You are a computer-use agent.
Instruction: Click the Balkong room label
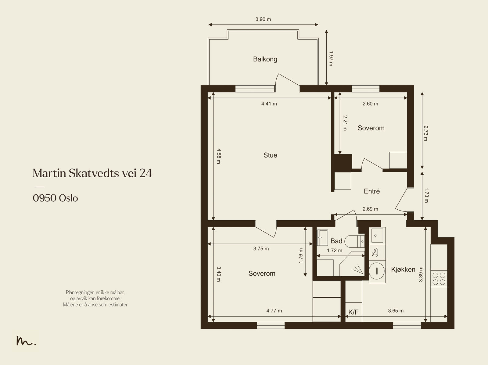(265, 59)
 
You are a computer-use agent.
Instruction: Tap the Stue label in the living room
(270, 155)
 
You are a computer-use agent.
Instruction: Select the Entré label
(372, 191)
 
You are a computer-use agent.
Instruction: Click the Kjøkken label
(403, 270)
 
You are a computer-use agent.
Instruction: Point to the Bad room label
(336, 241)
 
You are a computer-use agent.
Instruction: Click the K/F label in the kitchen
(353, 312)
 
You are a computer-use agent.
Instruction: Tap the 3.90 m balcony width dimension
(263, 19)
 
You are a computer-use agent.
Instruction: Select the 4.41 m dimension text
(269, 104)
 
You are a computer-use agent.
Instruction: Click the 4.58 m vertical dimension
(219, 156)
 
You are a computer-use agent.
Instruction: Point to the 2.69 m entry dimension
(370, 209)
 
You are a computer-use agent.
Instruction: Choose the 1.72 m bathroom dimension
(334, 250)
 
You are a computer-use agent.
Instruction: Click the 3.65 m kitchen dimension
(396, 310)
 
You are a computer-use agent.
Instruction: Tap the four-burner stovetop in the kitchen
(439, 279)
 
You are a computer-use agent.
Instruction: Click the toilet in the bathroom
(354, 241)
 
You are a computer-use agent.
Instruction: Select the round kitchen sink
(377, 271)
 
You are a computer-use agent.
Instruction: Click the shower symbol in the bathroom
(358, 269)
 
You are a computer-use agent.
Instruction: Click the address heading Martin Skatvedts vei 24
(92, 173)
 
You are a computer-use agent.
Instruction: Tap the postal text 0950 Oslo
(56, 198)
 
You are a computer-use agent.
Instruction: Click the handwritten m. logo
(26, 341)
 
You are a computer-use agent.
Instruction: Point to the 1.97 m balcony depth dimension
(331, 58)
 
